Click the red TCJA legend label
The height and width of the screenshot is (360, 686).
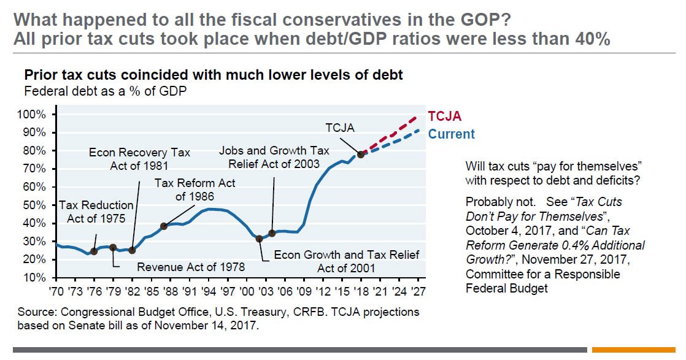(x=444, y=116)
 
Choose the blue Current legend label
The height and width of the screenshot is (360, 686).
(x=451, y=134)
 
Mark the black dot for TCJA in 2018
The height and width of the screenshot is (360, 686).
(x=361, y=155)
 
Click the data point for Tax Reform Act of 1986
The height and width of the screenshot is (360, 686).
(x=164, y=226)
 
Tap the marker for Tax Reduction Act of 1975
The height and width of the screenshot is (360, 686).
(x=94, y=251)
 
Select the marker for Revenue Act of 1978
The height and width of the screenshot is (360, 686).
(x=112, y=248)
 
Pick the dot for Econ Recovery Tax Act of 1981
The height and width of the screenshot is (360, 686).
(x=132, y=250)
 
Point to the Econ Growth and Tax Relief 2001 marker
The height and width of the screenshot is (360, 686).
(x=260, y=239)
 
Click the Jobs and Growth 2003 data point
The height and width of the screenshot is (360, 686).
(x=272, y=233)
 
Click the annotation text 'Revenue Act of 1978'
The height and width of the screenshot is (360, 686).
(x=190, y=267)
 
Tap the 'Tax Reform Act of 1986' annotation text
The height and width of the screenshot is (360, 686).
(x=195, y=190)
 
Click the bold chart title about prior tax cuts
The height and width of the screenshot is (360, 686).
(x=213, y=75)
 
